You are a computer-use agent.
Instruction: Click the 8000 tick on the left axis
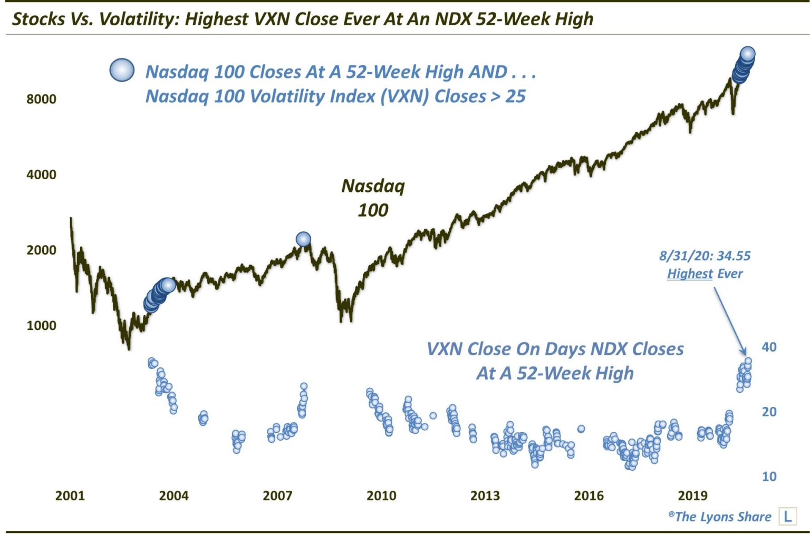[41, 99]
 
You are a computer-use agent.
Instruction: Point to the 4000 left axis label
[41, 174]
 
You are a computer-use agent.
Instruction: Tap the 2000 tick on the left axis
[41, 250]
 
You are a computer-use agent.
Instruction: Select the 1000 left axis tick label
[41, 325]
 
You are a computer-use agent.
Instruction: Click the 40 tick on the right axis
[769, 347]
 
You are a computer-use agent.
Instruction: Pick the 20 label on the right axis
[769, 412]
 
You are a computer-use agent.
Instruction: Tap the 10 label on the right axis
[769, 477]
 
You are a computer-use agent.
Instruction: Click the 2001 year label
[70, 496]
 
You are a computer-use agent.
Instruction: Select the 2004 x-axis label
[173, 496]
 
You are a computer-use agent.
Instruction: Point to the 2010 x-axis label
[381, 496]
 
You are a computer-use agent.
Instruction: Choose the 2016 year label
[589, 496]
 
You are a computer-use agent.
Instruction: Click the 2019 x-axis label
[692, 496]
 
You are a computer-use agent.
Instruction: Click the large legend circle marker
[122, 70]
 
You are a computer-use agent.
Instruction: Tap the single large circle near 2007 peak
[303, 239]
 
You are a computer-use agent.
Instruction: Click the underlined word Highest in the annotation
[689, 274]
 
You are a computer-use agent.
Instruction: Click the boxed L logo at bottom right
[787, 516]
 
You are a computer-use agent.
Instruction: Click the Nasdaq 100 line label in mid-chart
[373, 198]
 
